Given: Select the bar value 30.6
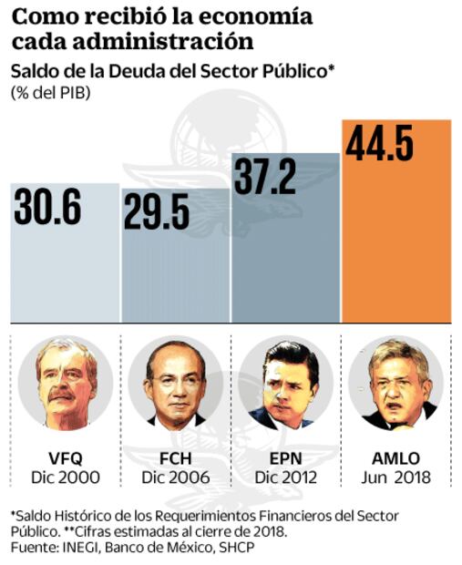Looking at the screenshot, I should [48, 207].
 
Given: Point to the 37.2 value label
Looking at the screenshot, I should [265, 175].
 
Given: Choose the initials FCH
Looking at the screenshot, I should [175, 458].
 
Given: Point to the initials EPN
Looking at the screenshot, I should [285, 458].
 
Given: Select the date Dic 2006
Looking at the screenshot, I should [175, 477].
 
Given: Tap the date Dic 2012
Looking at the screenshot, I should [285, 477].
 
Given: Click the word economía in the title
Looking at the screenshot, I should [255, 17].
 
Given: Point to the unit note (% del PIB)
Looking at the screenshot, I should [50, 92].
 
